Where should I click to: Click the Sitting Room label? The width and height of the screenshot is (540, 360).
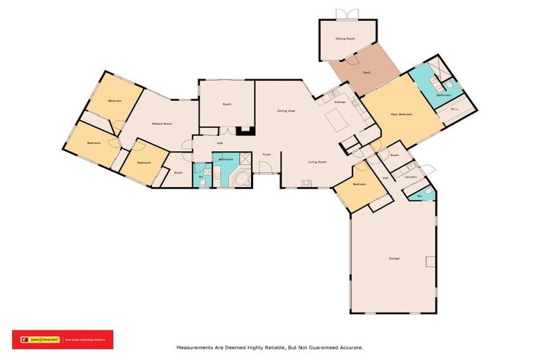345,39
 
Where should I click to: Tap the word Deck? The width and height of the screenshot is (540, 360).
366,72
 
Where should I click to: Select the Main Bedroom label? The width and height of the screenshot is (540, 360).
401,114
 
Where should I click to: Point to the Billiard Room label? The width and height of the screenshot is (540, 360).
162,124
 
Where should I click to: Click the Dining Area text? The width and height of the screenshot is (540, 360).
285,110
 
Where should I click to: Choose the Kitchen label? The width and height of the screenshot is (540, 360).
340,103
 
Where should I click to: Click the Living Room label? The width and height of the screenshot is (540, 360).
317,162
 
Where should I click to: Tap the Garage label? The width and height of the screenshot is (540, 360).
394,259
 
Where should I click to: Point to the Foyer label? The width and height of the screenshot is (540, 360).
266,154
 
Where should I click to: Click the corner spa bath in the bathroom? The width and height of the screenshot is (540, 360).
241,179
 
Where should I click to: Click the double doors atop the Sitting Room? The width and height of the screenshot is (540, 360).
342,14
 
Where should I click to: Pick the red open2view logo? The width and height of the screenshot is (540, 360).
62,340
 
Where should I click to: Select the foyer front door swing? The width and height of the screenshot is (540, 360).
266,167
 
